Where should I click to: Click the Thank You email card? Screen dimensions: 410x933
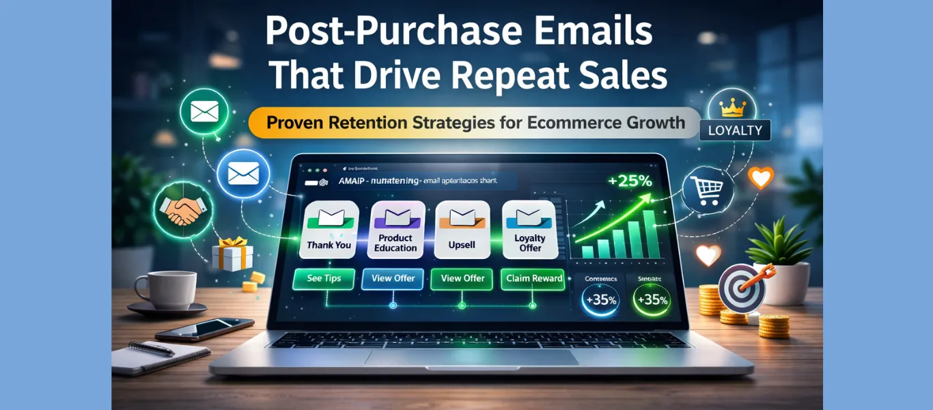click(329, 229)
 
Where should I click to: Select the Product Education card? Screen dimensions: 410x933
click(395, 229)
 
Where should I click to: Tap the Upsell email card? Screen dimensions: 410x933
click(462, 229)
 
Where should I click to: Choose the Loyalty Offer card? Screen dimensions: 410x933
click(529, 229)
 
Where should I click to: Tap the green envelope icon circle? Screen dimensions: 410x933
click(204, 111)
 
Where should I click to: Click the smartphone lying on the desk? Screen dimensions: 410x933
click(204, 329)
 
